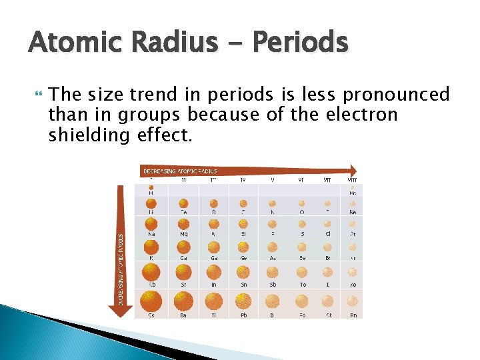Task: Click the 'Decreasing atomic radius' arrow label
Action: (x=180, y=171)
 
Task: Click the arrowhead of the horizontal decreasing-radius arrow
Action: (x=353, y=171)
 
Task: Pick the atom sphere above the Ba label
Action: (x=183, y=301)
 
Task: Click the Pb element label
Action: (x=244, y=315)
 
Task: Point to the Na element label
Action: (x=152, y=234)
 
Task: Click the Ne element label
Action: (x=353, y=213)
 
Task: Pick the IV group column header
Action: (x=244, y=179)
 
